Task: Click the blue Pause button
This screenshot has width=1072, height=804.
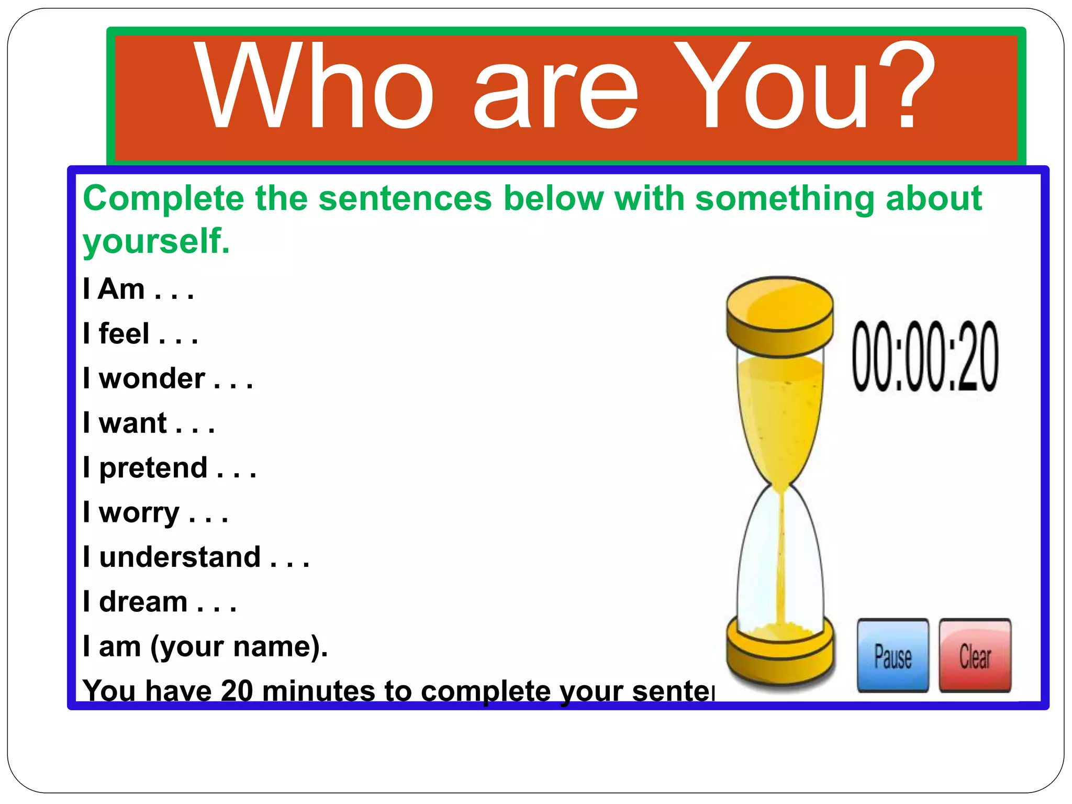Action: pos(893,656)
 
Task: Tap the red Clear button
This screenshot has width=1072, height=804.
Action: pos(975,656)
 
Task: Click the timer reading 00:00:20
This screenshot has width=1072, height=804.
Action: pos(925,356)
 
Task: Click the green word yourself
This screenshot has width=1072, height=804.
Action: pos(156,242)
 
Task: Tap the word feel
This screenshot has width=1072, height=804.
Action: pos(124,334)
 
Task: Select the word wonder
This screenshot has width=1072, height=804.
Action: pos(152,378)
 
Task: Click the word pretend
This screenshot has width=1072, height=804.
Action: pos(153,468)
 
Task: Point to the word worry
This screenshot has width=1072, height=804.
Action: pos(139,513)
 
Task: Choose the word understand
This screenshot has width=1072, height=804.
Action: pos(180,557)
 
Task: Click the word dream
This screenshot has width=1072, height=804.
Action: pos(143,602)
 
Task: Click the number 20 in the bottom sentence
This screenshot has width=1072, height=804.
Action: pos(237,690)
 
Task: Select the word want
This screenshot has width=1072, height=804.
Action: pos(132,423)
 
